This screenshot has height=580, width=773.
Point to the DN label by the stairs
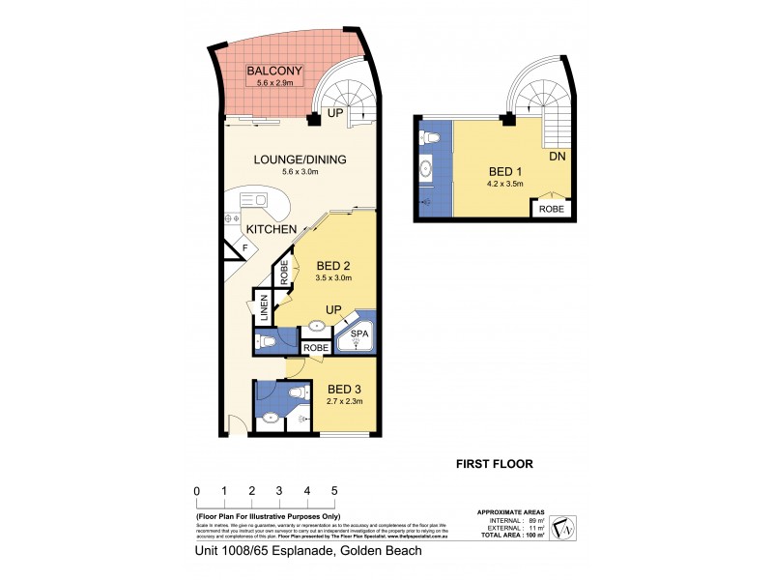coord(557,156)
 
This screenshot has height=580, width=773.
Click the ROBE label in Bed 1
coord(552,208)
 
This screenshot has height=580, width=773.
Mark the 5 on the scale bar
coord(334,491)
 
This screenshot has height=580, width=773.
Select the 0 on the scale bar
coord(196,491)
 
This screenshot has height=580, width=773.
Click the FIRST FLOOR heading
coord(494,463)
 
